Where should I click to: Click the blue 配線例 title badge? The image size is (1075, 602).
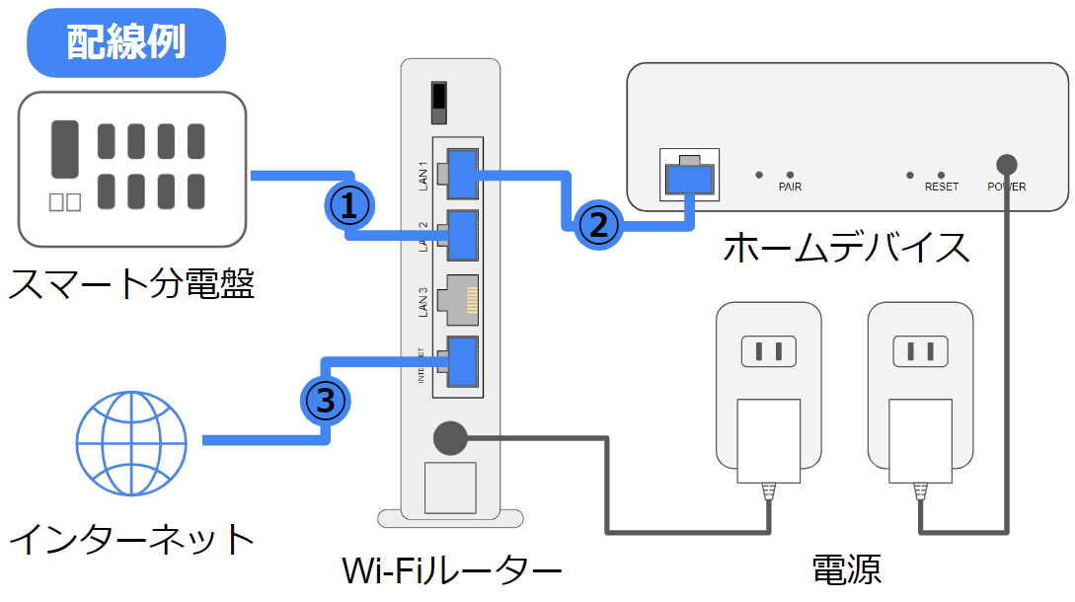126,42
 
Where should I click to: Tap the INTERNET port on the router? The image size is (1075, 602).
461,361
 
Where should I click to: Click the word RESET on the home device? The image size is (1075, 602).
942,187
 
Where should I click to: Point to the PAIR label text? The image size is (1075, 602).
790,187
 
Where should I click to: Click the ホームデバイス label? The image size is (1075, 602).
846,248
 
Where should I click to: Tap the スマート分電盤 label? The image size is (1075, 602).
131,285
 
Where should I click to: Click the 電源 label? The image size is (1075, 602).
846,570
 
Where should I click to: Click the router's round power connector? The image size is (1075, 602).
450,437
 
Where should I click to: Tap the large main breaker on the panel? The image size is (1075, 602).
64,149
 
